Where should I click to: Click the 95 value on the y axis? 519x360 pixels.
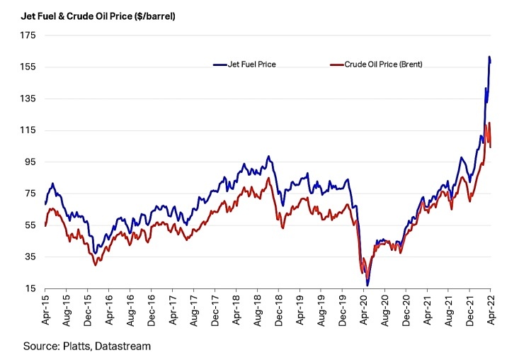click(30, 162)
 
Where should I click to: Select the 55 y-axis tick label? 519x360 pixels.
click(30, 225)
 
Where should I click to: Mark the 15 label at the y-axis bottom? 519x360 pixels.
click(30, 288)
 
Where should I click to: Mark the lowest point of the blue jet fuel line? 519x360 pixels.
click(367, 285)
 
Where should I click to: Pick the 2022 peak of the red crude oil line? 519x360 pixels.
click(489, 123)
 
